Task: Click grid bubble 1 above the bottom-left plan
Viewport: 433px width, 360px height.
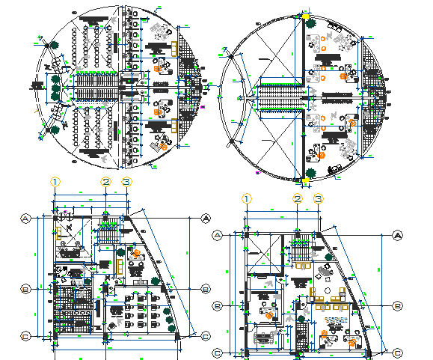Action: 55,181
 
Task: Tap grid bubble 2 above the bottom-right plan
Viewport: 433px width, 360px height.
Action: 298,198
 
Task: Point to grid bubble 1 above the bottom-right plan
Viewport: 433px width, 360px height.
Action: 247,198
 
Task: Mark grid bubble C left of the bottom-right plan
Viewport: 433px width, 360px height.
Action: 218,353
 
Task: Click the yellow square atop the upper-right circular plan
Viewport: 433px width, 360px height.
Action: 305,15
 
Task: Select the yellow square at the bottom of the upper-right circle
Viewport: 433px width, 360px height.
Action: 305,180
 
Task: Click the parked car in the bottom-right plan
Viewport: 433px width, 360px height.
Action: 263,337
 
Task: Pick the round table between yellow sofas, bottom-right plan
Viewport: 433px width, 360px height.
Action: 328,290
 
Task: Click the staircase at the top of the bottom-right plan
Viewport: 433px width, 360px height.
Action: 301,254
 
